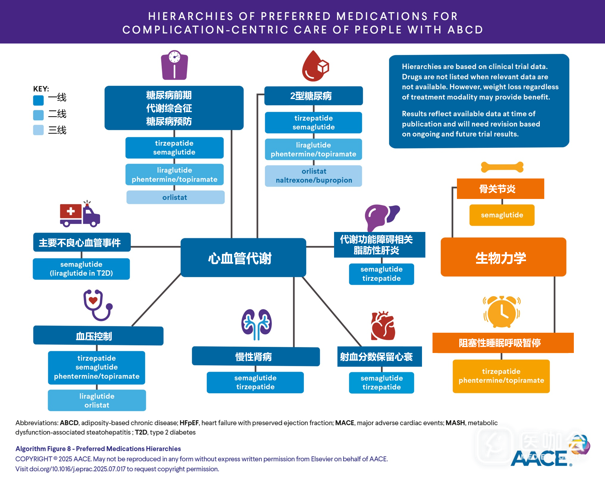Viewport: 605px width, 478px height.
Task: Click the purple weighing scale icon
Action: [174, 65]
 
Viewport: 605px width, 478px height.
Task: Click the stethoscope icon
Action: [97, 305]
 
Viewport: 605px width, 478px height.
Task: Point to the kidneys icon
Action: [256, 324]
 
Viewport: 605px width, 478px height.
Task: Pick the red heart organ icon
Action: [383, 326]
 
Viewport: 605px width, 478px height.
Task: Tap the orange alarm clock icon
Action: [502, 312]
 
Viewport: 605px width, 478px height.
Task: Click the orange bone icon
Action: [502, 167]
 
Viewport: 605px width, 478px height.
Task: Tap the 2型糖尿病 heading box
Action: [313, 96]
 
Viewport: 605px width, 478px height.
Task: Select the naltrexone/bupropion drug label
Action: [314, 180]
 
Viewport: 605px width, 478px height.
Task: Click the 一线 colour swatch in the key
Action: [38, 100]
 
